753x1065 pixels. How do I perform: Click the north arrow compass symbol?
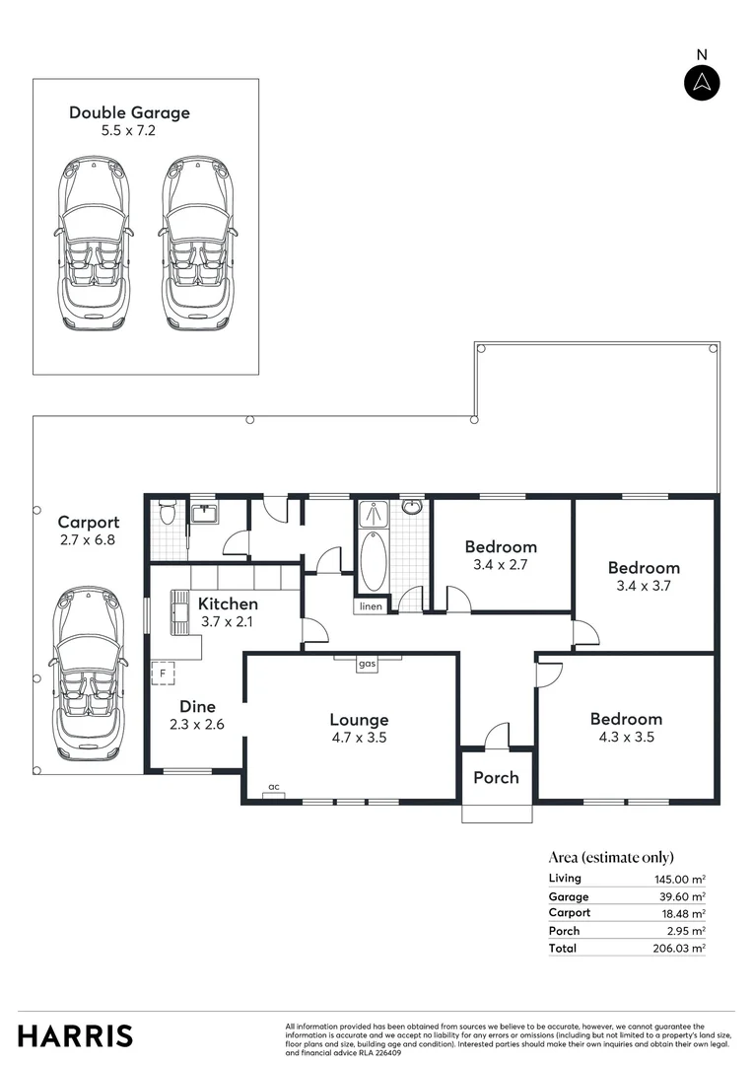[702, 82]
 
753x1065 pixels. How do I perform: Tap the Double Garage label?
[129, 112]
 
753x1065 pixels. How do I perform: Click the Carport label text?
[89, 523]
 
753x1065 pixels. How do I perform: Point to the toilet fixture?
[167, 513]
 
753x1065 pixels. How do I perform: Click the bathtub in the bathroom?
[374, 561]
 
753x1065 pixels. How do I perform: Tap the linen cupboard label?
[371, 606]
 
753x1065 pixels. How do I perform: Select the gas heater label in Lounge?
[368, 665]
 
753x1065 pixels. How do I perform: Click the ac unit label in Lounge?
[274, 787]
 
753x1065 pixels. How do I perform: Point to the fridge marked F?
[163, 674]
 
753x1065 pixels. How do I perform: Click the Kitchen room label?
[228, 603]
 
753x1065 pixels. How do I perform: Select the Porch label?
[496, 777]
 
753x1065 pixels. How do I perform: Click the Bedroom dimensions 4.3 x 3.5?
[626, 737]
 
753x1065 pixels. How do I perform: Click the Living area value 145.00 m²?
[679, 879]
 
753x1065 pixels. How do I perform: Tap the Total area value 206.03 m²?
[679, 948]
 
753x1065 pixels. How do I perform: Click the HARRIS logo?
[75, 1036]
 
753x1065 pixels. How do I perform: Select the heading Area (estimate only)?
[611, 857]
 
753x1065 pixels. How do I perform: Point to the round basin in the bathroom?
[412, 508]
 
